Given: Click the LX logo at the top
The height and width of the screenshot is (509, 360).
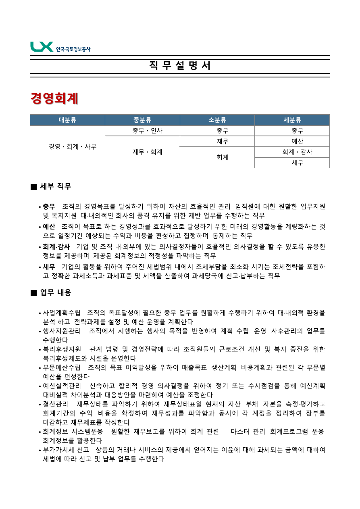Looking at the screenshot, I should pyautogui.click(x=60, y=47).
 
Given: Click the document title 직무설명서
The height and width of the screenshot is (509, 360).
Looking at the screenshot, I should pyautogui.click(x=180, y=66).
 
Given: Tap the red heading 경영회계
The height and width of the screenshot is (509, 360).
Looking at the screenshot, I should pyautogui.click(x=54, y=98).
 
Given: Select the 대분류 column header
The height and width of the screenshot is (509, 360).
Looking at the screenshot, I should pyautogui.click(x=67, y=120).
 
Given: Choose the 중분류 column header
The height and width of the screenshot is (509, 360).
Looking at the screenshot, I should pyautogui.click(x=142, y=120).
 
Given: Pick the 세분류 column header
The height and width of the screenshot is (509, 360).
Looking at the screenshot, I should pyautogui.click(x=292, y=120).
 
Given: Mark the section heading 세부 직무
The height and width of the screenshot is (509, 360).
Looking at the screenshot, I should pyautogui.click(x=56, y=186).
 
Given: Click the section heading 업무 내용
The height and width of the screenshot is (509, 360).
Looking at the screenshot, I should pyautogui.click(x=56, y=292).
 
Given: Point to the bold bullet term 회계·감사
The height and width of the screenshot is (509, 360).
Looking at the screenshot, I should pyautogui.click(x=56, y=246).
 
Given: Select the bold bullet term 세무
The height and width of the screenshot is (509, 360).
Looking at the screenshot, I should pyautogui.click(x=49, y=267).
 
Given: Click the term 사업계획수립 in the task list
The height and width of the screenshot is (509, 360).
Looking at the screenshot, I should pyautogui.click(x=62, y=313).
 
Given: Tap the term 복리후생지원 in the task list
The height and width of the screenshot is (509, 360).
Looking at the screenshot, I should pyautogui.click(x=62, y=349).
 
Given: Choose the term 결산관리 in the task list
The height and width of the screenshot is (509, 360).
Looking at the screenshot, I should pyautogui.click(x=56, y=404).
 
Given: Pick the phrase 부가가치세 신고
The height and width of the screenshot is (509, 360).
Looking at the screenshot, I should pyautogui.click(x=63, y=450).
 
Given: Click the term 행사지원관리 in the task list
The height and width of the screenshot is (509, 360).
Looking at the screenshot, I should pyautogui.click(x=62, y=331).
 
